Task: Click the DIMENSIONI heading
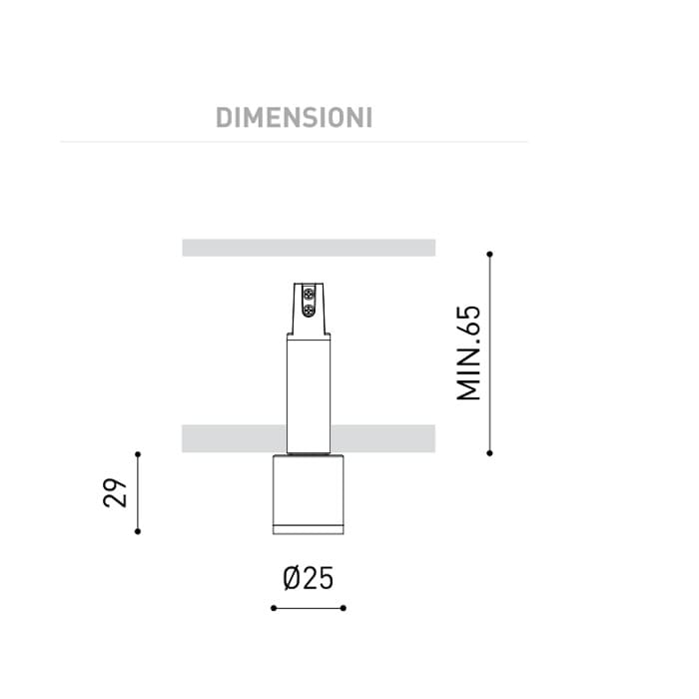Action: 294,117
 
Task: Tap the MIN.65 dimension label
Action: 468,352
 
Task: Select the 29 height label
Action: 116,492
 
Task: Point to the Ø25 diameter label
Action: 308,578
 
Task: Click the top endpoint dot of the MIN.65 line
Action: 489,255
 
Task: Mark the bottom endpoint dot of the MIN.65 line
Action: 489,452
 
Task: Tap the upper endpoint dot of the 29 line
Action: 138,453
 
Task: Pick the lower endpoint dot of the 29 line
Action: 138,531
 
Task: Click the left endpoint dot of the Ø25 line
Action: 273,607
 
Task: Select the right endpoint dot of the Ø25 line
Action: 344,607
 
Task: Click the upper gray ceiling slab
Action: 309,248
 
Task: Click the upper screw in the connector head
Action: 309,295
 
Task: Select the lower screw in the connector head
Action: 309,310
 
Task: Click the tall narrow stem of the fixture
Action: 308,389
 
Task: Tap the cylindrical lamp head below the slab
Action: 308,489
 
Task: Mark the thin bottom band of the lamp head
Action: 308,527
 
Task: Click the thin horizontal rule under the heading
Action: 294,142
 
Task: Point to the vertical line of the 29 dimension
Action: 138,492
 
